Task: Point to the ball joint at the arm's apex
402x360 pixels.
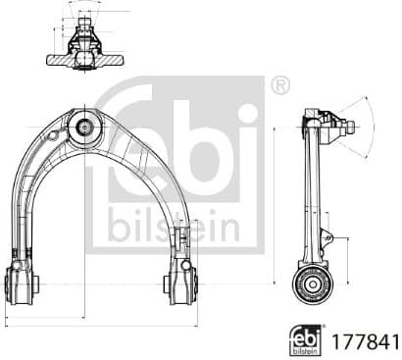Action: click(85, 126)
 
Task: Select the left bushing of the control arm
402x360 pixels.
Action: click(20, 283)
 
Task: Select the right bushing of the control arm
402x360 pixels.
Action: click(180, 283)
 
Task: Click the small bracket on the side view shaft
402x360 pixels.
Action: click(328, 238)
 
